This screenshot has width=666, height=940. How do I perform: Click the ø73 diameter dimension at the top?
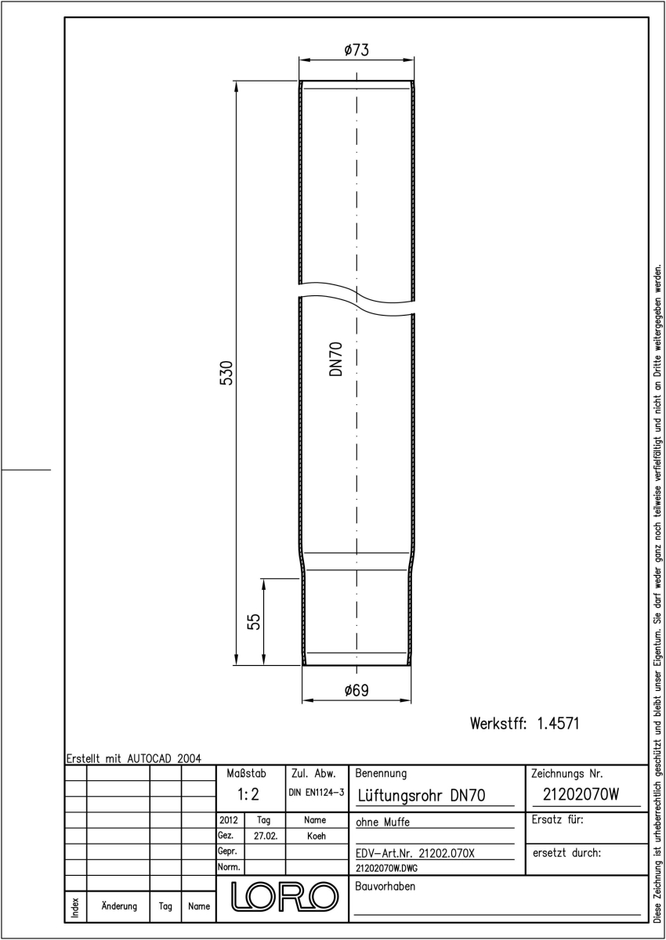click(357, 50)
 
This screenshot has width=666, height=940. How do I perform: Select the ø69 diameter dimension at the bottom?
click(357, 690)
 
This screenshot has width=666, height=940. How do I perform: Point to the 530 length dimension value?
click(226, 373)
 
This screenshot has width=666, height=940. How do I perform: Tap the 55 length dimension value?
click(254, 621)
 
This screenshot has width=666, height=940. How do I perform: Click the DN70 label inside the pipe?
click(335, 360)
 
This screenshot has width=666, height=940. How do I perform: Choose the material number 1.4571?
click(558, 724)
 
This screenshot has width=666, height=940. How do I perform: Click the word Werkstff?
click(498, 724)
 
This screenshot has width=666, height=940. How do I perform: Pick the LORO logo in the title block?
click(284, 896)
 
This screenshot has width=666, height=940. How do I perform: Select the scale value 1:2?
click(248, 794)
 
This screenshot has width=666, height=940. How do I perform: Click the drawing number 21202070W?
click(581, 794)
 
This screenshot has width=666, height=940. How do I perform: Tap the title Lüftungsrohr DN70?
click(421, 795)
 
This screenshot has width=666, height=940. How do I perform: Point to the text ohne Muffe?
click(382, 822)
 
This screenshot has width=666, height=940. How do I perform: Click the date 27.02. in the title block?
click(266, 836)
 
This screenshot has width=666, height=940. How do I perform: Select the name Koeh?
click(317, 836)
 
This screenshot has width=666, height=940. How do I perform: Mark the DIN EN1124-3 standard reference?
click(317, 792)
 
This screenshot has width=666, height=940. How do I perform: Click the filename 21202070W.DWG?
click(386, 868)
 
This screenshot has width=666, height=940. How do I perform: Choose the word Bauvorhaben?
click(385, 886)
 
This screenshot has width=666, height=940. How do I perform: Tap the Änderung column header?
click(119, 906)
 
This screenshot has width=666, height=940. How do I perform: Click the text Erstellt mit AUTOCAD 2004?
click(134, 759)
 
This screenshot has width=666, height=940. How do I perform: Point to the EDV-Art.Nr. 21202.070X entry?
click(415, 854)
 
